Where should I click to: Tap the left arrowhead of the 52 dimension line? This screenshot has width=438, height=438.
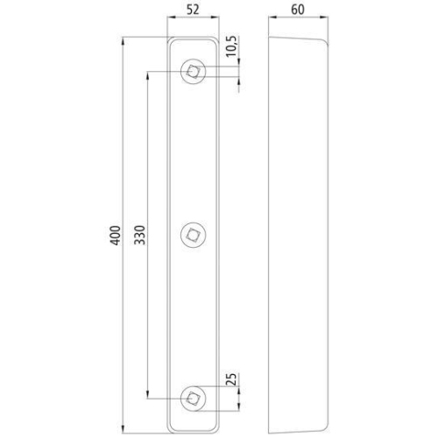point(170,24)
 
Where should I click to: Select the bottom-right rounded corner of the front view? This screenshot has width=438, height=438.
point(213,425)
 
